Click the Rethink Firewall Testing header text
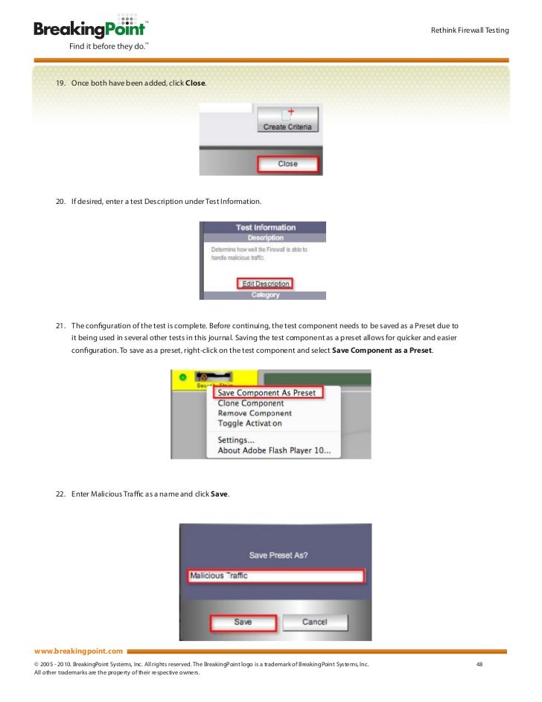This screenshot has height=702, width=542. pos(470,31)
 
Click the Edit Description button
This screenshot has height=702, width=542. pos(266,284)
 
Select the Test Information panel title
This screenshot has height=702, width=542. pos(265,228)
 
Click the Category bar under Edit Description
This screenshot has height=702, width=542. pos(265,295)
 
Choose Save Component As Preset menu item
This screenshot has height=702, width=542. pos(266,393)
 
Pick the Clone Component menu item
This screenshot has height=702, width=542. pos(250,403)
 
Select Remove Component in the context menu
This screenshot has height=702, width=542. pos(255,413)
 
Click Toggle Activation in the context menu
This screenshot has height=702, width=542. pos(249,424)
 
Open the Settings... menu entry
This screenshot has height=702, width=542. pos(236,440)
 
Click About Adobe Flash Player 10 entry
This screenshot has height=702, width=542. pos(278,450)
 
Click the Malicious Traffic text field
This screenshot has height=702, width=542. pos(275,576)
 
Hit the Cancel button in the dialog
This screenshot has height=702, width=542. pos(314,622)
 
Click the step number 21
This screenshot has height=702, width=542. pos(60,325)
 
